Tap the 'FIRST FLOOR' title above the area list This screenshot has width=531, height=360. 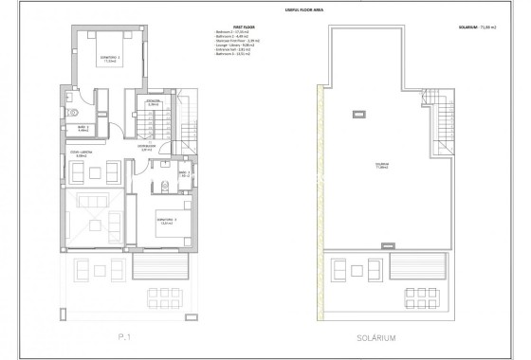tap(227, 27)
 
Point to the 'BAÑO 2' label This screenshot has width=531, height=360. tap(83, 130)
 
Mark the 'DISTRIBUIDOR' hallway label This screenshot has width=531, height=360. tap(146, 146)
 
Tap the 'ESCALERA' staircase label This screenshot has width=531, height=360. tap(151, 102)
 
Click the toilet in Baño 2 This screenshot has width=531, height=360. tap(69, 99)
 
